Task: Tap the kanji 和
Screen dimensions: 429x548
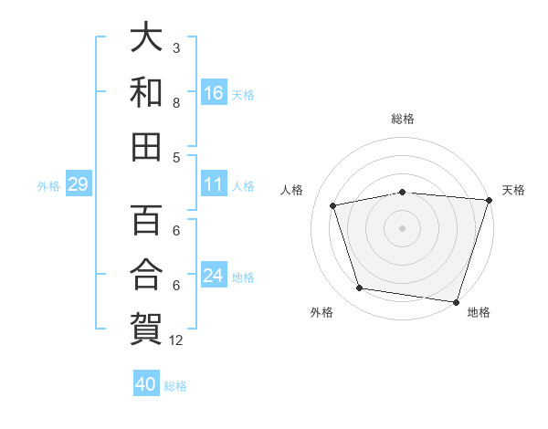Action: [147, 91]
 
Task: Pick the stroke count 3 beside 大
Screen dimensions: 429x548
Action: [176, 47]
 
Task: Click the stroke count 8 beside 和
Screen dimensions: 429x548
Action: [176, 102]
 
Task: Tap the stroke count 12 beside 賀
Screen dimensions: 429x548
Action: [176, 340]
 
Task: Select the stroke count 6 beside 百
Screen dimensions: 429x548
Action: [176, 231]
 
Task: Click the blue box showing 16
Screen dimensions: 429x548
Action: [214, 93]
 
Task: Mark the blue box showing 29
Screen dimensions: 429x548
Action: [78, 185]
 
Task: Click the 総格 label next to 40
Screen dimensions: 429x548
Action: [175, 386]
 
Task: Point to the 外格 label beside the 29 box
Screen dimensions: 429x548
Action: [48, 186]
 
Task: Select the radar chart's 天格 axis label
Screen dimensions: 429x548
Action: [513, 190]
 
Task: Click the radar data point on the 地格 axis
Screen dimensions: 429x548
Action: [456, 301]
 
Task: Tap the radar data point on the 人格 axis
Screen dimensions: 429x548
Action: [334, 205]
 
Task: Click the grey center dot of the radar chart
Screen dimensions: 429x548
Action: [402, 227]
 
